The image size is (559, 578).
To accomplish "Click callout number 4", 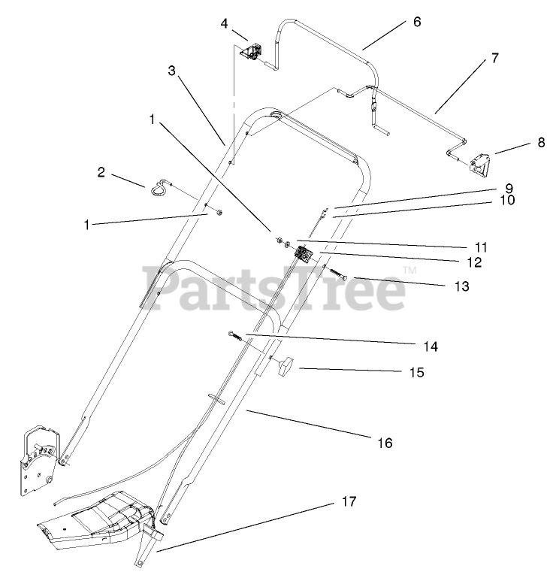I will [x=224, y=23].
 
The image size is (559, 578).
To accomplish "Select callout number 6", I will [x=417, y=22].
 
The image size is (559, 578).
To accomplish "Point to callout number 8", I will [x=541, y=141].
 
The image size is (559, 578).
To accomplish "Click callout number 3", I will [x=172, y=71].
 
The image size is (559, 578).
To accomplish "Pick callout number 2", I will [x=101, y=172].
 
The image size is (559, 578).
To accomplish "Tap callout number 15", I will [x=415, y=372].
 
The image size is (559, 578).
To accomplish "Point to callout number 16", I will [x=384, y=443].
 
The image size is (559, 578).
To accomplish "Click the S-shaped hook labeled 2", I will [x=160, y=186].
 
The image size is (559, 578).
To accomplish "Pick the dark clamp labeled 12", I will [x=303, y=253].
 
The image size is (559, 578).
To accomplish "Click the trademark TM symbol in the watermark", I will [x=409, y=271].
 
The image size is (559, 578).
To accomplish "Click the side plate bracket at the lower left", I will [x=38, y=458].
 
